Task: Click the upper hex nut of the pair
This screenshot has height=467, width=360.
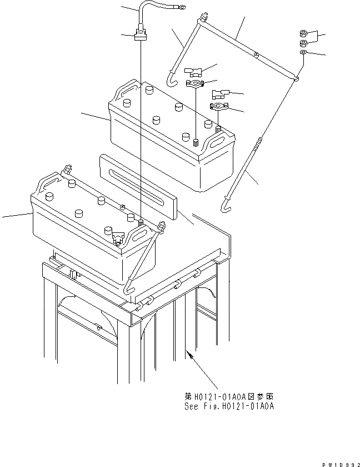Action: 304,33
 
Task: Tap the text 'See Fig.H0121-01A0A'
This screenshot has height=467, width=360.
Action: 229,406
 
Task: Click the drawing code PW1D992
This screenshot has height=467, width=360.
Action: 340,462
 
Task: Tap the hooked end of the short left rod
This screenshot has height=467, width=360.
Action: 172,82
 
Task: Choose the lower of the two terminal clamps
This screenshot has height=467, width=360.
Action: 218,106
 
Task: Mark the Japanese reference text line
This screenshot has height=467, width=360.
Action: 229,397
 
